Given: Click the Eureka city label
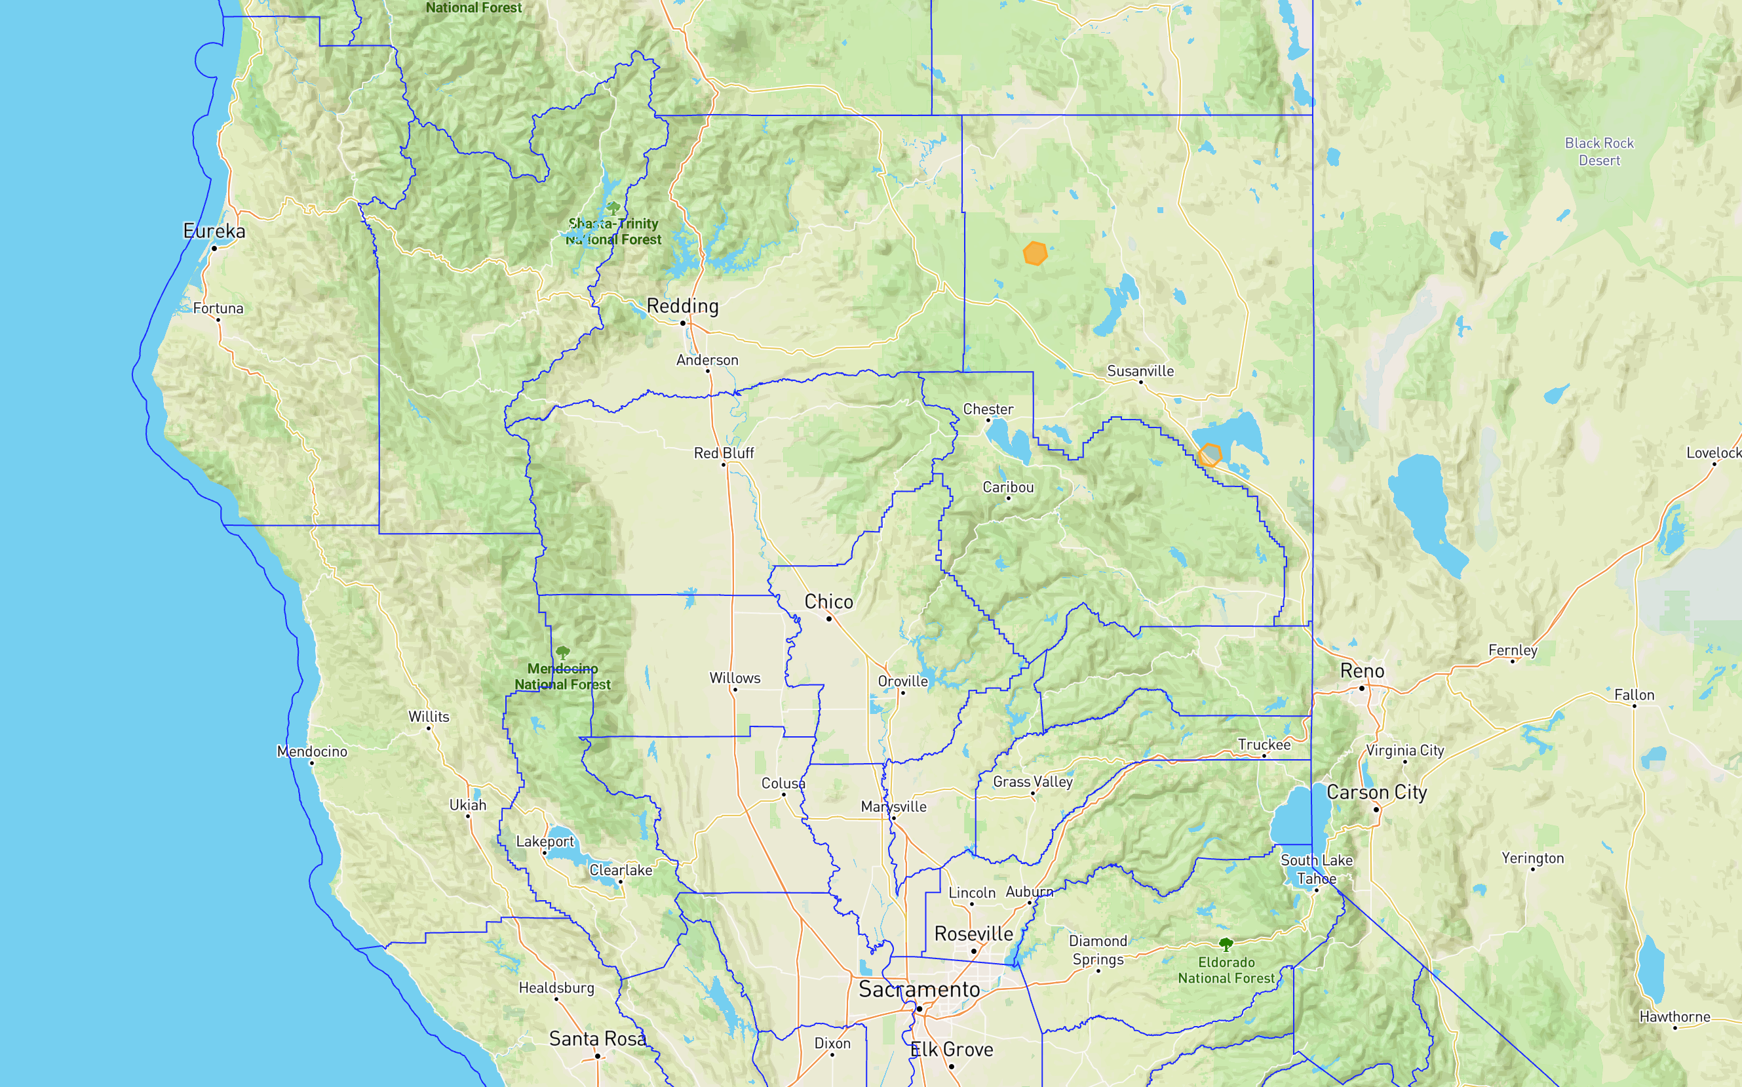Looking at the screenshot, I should pyautogui.click(x=214, y=231).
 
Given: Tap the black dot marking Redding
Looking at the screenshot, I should pyautogui.click(x=683, y=323).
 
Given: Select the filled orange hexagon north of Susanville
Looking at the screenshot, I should pyautogui.click(x=1035, y=253).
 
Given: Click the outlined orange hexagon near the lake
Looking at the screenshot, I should pyautogui.click(x=1210, y=454).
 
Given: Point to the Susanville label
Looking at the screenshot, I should pyautogui.click(x=1140, y=371).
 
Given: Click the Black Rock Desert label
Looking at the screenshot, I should pyautogui.click(x=1599, y=151).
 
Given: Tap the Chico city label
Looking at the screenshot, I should pyautogui.click(x=828, y=601).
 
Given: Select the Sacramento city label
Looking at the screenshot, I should pyautogui.click(x=918, y=989).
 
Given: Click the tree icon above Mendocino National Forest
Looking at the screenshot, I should pyautogui.click(x=563, y=652).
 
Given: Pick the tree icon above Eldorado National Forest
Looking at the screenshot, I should pyautogui.click(x=1226, y=944).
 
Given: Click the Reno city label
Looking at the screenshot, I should pyautogui.click(x=1362, y=671).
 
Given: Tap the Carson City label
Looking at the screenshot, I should pyautogui.click(x=1376, y=792).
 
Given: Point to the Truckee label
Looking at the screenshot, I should pyautogui.click(x=1264, y=744).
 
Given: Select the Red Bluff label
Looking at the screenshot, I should pyautogui.click(x=724, y=453).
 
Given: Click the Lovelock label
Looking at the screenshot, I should pyautogui.click(x=1713, y=453).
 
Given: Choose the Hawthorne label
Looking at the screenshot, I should pyautogui.click(x=1674, y=1017).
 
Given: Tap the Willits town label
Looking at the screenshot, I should pyautogui.click(x=429, y=716).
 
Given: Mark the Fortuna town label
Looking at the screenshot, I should pyautogui.click(x=218, y=308).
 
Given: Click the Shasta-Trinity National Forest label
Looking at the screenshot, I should pyautogui.click(x=613, y=231).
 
